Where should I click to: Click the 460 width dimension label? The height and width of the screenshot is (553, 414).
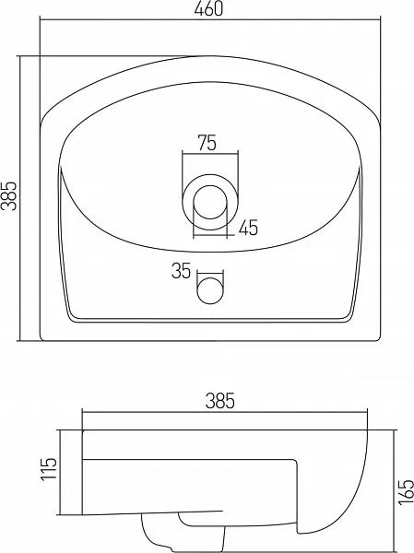(x=208, y=9)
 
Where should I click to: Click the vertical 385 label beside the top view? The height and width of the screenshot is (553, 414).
(x=9, y=196)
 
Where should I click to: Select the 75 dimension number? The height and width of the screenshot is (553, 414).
(x=207, y=143)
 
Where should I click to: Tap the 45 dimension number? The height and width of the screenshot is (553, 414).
(x=248, y=228)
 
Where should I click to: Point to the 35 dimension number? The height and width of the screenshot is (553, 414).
(x=181, y=271)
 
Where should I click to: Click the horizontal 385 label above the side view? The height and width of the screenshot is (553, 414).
(x=219, y=401)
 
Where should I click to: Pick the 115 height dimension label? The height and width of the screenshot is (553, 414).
(x=48, y=469)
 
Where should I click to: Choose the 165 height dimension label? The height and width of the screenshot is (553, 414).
(x=406, y=491)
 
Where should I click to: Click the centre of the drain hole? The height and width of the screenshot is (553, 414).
(x=210, y=202)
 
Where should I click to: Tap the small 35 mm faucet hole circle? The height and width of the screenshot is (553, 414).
(x=210, y=290)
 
